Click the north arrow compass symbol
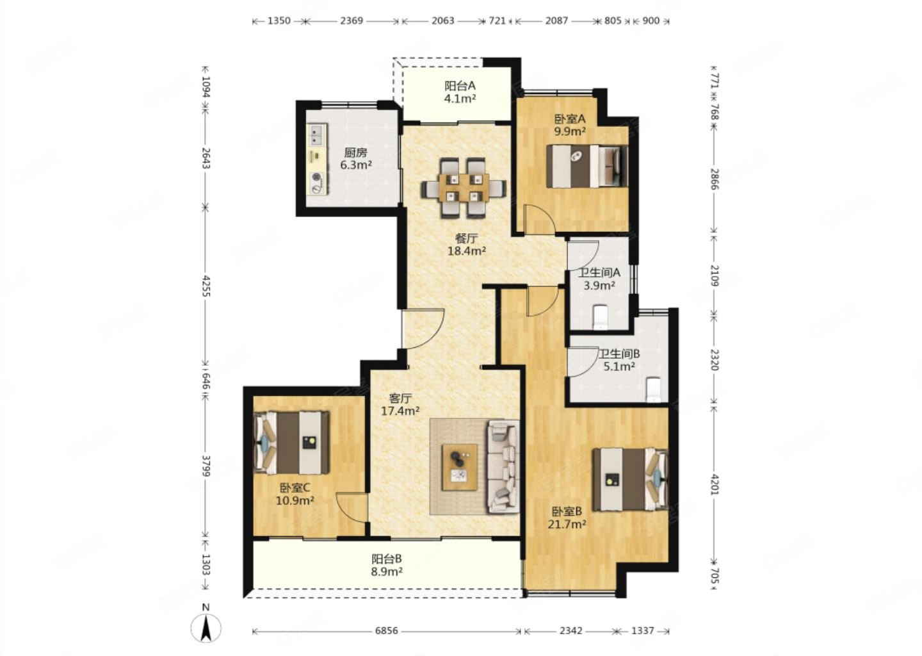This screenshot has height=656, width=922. click(206, 628)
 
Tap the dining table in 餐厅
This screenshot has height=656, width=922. click(464, 188)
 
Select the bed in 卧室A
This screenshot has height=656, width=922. click(586, 167)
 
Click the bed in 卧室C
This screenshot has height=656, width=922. click(292, 443)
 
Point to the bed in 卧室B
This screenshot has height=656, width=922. click(630, 479)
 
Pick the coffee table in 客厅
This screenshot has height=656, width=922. click(460, 467)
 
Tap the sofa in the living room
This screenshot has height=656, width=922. click(503, 466)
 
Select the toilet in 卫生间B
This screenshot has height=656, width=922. click(653, 389)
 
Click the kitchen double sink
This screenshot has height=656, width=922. click(316, 135)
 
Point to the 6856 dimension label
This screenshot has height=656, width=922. click(387, 631)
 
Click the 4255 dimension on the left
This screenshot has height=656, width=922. click(207, 286)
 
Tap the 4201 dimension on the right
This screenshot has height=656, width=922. click(715, 485)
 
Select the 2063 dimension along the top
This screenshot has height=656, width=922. click(442, 20)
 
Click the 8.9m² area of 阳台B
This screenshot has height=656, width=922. click(387, 571)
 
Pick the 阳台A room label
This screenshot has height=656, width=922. click(460, 86)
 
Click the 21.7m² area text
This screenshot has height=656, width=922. click(567, 524)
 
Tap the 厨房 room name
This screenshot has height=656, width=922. click(355, 152)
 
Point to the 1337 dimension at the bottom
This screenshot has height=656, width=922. click(643, 631)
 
